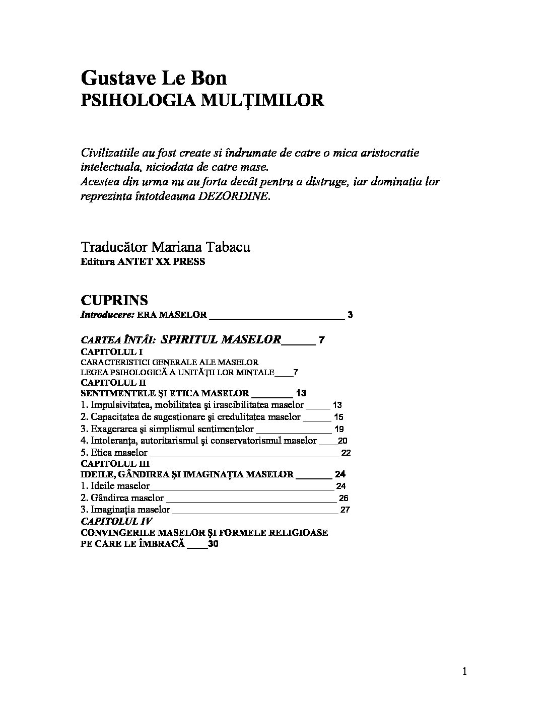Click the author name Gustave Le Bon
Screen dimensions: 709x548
[154, 79]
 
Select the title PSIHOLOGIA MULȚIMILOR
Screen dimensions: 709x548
[202, 100]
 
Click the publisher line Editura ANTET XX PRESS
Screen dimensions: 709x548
[143, 262]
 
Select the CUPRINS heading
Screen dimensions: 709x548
[114, 301]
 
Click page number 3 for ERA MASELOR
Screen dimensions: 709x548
[350, 315]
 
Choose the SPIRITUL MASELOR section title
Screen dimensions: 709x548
[221, 339]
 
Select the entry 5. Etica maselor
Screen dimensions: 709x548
[114, 453]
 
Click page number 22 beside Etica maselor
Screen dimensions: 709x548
[346, 453]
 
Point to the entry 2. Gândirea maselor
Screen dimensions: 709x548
[123, 498]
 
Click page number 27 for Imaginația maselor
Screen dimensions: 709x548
[345, 510]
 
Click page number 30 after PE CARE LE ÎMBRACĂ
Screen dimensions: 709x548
[213, 544]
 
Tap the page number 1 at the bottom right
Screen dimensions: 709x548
[464, 671]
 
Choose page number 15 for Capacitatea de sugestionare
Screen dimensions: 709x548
[338, 417]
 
